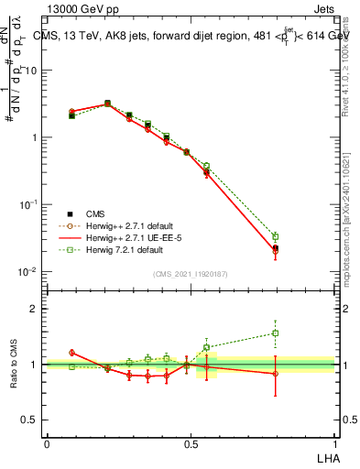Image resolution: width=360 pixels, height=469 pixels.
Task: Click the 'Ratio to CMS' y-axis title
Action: point(15,364)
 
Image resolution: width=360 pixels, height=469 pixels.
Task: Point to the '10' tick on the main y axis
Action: point(31,70)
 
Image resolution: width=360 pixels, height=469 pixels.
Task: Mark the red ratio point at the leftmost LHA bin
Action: point(71,353)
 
